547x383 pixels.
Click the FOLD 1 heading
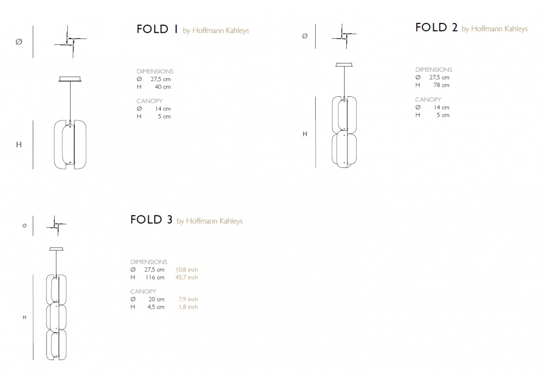(157, 29)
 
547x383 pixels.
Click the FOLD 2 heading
(436, 27)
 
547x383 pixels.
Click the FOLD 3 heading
(151, 219)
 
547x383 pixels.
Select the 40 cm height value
(162, 87)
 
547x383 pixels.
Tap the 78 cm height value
(441, 85)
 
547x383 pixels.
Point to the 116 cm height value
(155, 277)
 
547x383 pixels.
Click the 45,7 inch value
(187, 277)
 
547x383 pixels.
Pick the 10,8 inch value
(187, 270)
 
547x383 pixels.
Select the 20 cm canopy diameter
(156, 299)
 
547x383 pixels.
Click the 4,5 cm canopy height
(155, 307)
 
